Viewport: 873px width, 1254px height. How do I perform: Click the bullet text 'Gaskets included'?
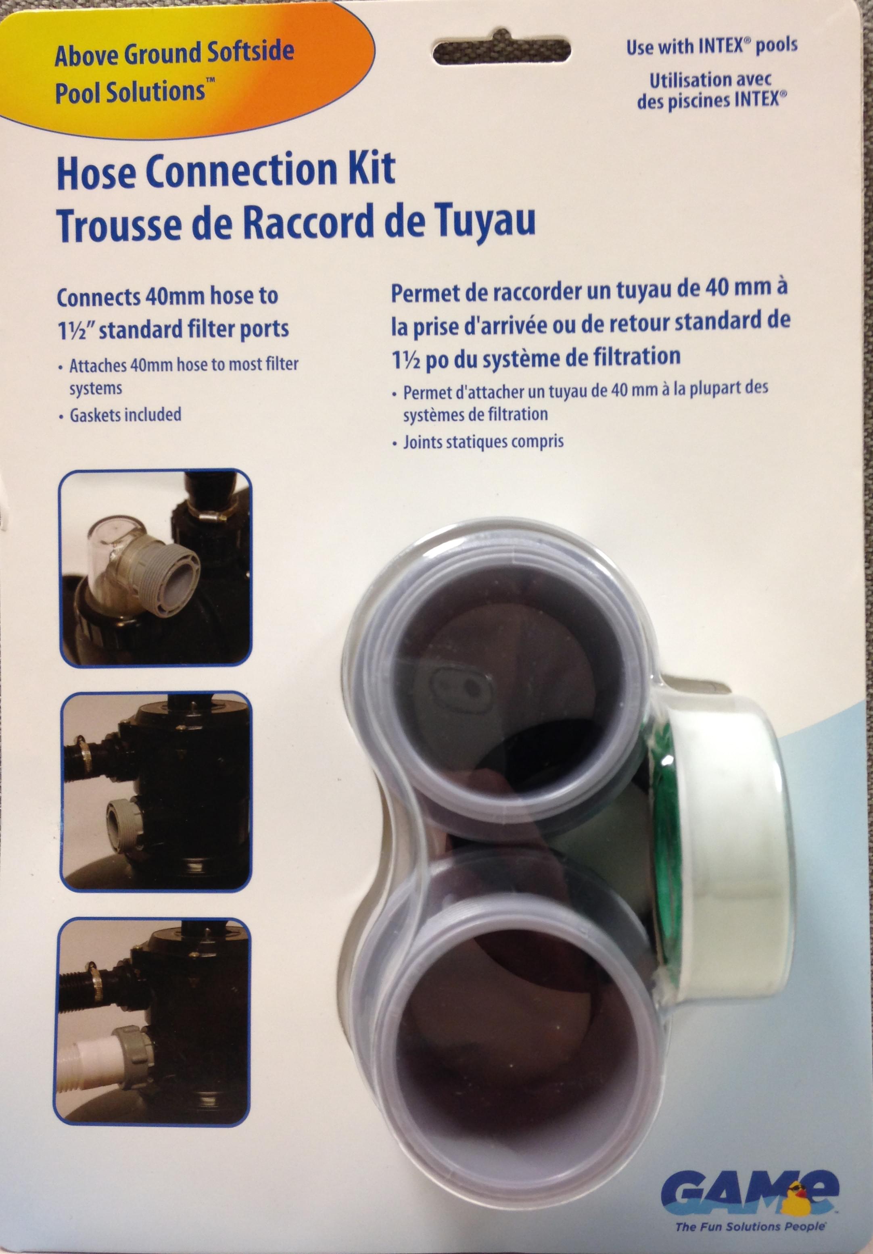pyautogui.click(x=125, y=415)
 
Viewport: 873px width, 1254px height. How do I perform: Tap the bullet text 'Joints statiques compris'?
pyautogui.click(x=483, y=441)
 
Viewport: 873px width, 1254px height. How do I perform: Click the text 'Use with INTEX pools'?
pyautogui.click(x=712, y=46)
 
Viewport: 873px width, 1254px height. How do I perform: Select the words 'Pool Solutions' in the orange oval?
pyautogui.click(x=130, y=91)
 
